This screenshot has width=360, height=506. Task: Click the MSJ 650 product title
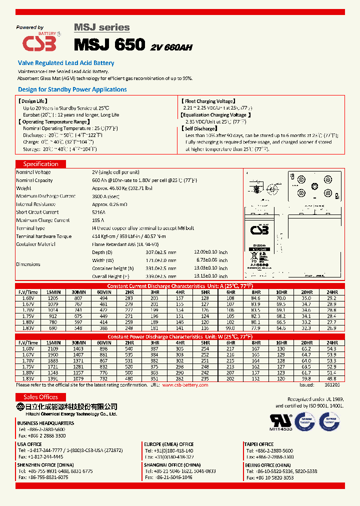(x=109, y=44)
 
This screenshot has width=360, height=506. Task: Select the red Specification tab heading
(x=40, y=164)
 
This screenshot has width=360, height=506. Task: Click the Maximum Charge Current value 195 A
(x=98, y=220)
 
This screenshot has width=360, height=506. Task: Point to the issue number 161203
(x=331, y=385)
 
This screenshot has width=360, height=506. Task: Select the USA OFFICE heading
(x=29, y=444)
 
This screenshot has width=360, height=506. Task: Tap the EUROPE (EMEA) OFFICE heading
(x=168, y=444)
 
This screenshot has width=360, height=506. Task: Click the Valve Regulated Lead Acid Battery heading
(x=66, y=63)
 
